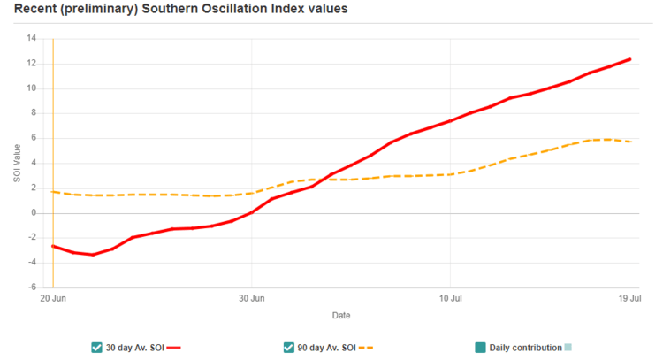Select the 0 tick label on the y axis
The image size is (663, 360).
click(x=34, y=213)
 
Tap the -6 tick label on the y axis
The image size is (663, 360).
click(x=31, y=287)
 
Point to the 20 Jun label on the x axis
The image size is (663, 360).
click(x=53, y=299)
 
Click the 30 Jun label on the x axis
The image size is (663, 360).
click(x=252, y=299)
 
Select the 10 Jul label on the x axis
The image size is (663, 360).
click(x=450, y=299)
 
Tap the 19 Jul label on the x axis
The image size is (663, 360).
click(x=630, y=299)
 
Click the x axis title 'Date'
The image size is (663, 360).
click(x=341, y=315)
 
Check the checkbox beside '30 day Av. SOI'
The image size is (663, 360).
click(x=96, y=348)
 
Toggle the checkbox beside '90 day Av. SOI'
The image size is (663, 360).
click(x=289, y=348)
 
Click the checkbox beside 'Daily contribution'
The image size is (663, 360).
click(x=480, y=348)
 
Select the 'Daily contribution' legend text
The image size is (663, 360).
click(x=525, y=348)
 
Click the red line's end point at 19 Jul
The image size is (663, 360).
click(x=629, y=59)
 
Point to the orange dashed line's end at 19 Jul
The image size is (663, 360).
click(x=629, y=142)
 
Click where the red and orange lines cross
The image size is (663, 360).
click(x=325, y=179)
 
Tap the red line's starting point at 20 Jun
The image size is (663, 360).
click(x=53, y=246)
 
